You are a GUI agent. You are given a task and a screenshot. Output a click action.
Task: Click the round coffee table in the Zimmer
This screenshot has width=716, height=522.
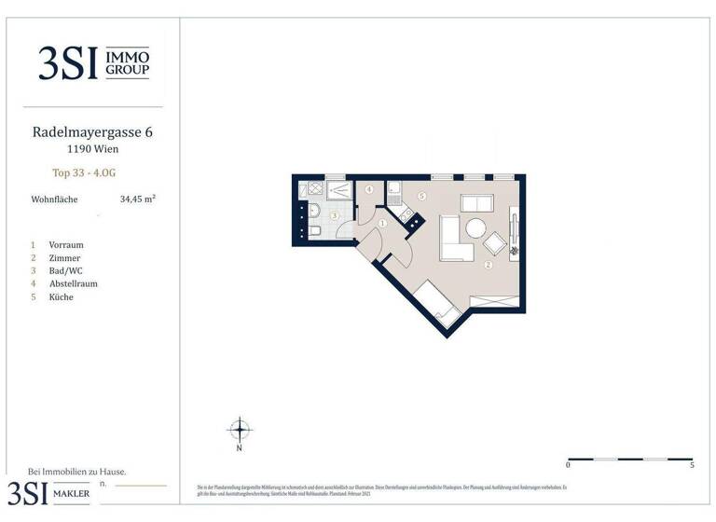[476, 228]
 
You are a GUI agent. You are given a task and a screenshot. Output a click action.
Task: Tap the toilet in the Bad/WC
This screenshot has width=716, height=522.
[314, 231]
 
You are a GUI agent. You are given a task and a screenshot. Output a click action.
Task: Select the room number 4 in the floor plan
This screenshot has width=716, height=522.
[369, 189]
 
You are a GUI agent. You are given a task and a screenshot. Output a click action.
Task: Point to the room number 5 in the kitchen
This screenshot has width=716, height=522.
[421, 197]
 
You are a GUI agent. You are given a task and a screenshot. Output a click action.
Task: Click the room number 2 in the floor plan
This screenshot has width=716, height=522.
[488, 266]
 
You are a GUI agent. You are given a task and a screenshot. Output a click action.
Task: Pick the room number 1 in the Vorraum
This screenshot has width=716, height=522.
[383, 223]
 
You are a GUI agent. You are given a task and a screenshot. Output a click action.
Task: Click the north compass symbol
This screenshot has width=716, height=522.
[241, 430]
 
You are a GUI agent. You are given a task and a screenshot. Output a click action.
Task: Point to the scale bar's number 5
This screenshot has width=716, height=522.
[692, 463]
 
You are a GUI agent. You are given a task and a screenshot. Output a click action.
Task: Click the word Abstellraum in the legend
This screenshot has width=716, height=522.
[74, 283]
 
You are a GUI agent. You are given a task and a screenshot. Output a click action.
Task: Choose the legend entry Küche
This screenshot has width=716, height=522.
[62, 296]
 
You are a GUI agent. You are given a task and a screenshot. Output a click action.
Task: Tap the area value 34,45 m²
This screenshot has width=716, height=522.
[137, 199]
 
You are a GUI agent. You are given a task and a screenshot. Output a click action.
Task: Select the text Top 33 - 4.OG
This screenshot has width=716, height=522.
[84, 172]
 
